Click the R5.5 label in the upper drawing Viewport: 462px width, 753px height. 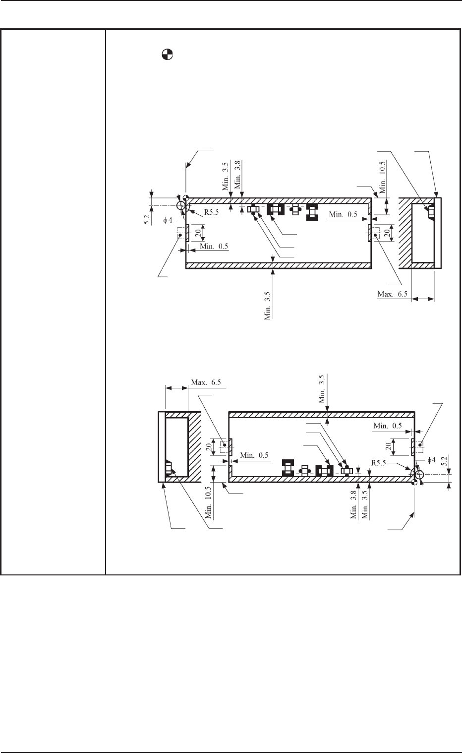(211, 212)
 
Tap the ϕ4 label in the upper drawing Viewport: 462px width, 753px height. (168, 221)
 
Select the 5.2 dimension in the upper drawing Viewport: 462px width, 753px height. (147, 220)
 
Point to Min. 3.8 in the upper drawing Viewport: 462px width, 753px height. (237, 175)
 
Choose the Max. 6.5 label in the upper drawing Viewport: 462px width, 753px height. (393, 294)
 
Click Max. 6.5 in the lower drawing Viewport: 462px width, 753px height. (206, 382)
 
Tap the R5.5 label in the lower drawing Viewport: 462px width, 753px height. (379, 463)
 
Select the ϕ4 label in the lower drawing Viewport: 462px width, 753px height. (431, 460)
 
